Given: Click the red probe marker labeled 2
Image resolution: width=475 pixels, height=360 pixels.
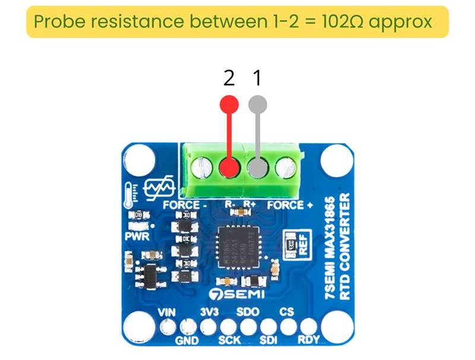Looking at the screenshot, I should (x=229, y=105).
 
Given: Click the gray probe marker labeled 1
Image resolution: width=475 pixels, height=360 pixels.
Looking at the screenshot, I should (x=258, y=105).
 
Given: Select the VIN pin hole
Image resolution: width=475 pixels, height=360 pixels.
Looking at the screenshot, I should (x=168, y=326).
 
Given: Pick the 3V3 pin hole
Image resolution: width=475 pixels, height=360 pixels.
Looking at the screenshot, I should (x=208, y=326).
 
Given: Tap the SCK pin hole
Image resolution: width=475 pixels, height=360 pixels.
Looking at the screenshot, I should (x=228, y=326).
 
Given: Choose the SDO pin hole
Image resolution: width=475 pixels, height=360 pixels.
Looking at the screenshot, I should (x=248, y=326).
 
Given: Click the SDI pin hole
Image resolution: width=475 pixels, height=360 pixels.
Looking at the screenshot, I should (x=268, y=326).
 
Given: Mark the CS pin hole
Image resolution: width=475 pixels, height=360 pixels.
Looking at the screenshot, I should (x=288, y=326).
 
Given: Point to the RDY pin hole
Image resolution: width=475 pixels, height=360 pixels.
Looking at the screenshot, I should (x=308, y=326).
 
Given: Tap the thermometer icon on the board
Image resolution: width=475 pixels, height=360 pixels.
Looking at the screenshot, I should (x=129, y=194).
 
